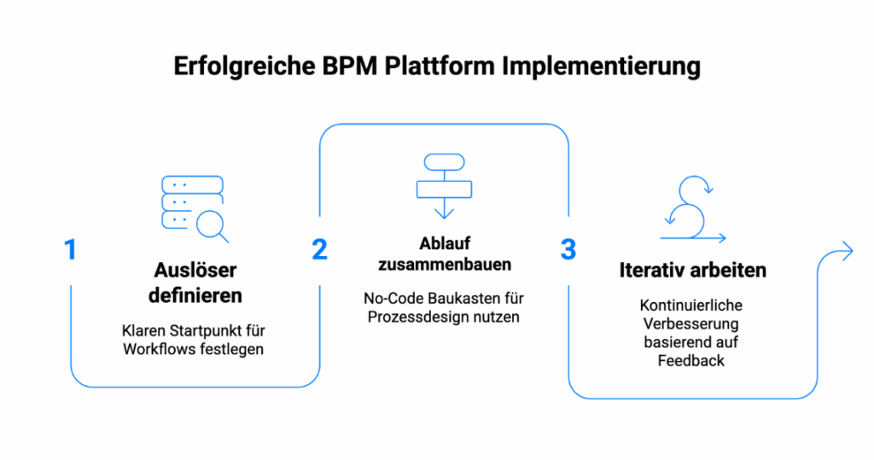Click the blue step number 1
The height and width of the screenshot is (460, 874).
click(x=70, y=250)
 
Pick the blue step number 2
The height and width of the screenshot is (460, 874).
click(x=319, y=250)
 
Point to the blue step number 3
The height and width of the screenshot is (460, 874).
click(x=568, y=250)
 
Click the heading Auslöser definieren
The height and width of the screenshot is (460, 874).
click(x=195, y=283)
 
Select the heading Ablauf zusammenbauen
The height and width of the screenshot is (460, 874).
click(x=443, y=253)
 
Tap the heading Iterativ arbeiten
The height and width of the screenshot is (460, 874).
click(x=692, y=271)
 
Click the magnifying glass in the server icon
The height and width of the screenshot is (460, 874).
click(x=211, y=225)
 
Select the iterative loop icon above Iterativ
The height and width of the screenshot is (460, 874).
click(x=692, y=209)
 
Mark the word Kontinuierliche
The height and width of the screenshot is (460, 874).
click(x=691, y=306)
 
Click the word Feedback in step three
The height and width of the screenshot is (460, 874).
click(x=691, y=360)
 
